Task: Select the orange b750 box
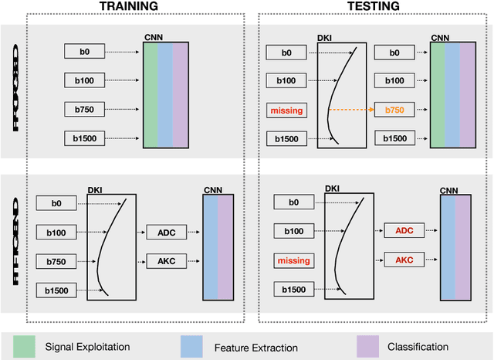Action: pos(394,110)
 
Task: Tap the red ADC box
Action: pos(404,231)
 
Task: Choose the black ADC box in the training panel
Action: pos(167,231)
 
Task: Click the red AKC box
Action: pos(404,261)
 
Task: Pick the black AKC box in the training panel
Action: pos(167,261)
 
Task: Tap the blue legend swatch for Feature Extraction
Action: pos(191,345)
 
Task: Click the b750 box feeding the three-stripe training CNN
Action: pos(85,110)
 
